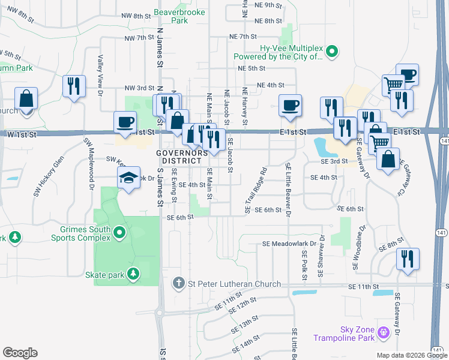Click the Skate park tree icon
(x=133, y=275)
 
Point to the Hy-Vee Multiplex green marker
(x=335, y=52)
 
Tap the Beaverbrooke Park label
(x=179, y=16)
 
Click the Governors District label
(x=178, y=157)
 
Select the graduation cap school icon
(x=128, y=178)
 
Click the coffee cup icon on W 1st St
(x=126, y=123)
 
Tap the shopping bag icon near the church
(x=26, y=98)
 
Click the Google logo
(x=20, y=353)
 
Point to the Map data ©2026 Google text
(x=412, y=355)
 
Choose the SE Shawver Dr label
(x=322, y=256)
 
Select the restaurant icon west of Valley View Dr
(x=74, y=86)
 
